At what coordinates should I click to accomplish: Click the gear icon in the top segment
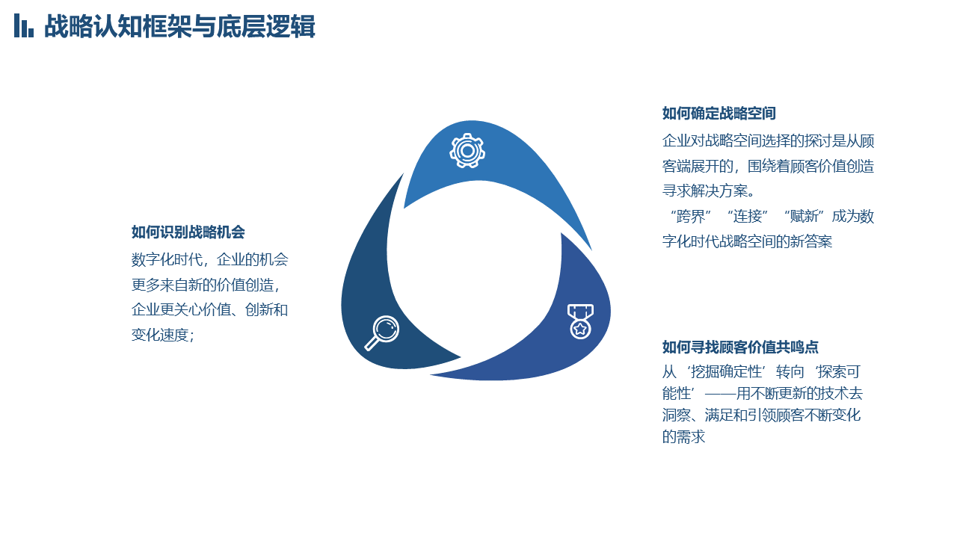467,151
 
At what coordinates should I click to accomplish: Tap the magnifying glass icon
382,333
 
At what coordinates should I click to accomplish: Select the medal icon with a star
580,321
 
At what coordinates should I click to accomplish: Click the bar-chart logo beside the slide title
24,25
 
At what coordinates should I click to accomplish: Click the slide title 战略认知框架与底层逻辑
179,26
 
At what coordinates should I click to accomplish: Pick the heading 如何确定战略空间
719,114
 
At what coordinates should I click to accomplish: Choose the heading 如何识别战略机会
188,232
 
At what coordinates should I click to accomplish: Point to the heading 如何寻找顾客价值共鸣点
740,347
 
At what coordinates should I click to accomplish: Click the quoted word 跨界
691,217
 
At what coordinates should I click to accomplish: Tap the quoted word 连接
748,217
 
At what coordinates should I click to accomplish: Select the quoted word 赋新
804,217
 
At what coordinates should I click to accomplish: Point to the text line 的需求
683,437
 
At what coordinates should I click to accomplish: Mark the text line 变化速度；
163,336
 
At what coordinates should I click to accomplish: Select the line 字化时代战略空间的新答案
747,241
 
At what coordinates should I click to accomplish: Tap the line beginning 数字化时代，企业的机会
210,259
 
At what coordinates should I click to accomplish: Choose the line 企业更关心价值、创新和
210,310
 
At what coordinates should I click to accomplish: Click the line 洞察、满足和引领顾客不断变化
761,415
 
